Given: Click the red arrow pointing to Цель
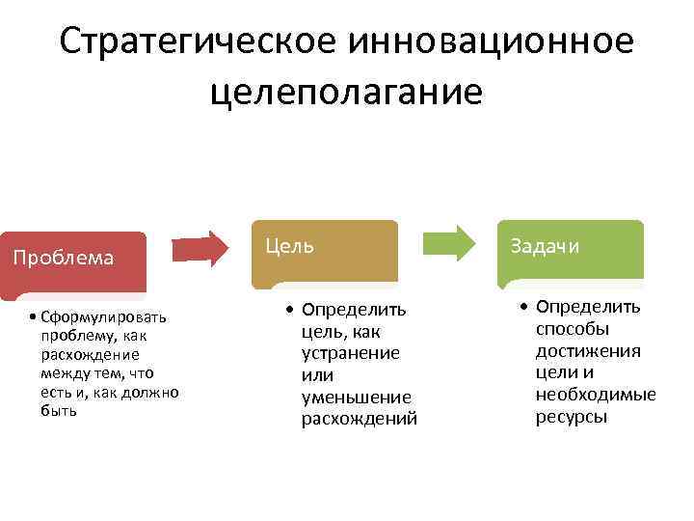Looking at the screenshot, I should click(x=207, y=248).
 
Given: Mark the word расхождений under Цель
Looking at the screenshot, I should click(x=360, y=419).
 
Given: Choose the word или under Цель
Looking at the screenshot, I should click(x=318, y=375).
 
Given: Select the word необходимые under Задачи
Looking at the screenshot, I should click(x=596, y=395).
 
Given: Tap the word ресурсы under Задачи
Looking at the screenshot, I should click(x=572, y=417).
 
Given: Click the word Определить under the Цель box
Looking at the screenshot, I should click(x=354, y=310).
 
